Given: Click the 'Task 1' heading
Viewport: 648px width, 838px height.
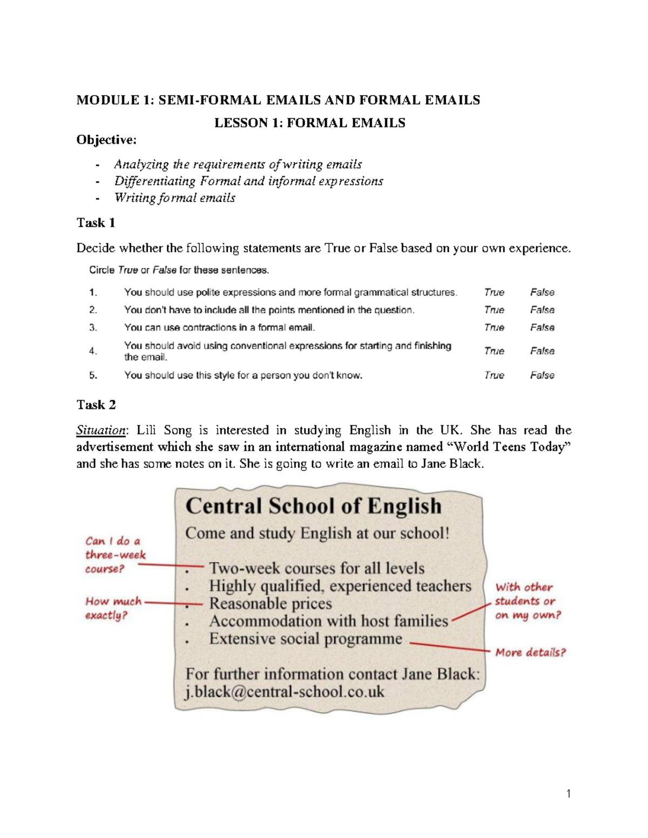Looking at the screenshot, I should [96, 223].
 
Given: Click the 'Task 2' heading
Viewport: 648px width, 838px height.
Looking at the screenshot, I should [96, 405].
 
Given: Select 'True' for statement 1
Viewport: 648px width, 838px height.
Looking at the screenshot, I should [494, 292].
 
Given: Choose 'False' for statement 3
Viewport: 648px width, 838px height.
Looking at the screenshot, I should [542, 328].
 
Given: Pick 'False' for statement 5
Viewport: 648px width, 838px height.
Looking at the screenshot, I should [542, 375].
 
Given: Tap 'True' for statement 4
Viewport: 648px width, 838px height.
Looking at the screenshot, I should [494, 351].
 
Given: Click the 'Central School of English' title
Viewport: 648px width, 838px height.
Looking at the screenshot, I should [313, 506].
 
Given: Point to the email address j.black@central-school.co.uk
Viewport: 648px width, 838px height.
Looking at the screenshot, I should [285, 692].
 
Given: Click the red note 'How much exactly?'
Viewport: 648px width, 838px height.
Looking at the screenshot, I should [113, 608].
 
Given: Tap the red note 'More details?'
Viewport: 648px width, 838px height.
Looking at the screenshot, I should [530, 652].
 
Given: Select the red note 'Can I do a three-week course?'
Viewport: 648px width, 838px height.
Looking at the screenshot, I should [115, 555].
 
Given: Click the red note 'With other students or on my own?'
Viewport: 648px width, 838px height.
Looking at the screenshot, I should [528, 601].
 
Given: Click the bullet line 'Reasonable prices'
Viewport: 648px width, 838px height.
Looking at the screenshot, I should [270, 603].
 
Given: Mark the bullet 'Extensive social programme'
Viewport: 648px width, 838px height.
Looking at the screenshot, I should [306, 639].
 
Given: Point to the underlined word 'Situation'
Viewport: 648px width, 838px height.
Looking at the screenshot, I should [100, 430].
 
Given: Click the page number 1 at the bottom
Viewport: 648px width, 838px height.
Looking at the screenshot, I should [568, 793].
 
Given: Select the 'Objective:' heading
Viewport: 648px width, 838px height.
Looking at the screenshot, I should [106, 140].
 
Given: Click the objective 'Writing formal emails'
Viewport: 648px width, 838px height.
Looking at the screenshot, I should [174, 197].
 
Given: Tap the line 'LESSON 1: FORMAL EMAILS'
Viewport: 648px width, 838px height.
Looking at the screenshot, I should [309, 123].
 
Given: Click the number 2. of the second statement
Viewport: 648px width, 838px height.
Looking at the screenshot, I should [93, 310].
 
